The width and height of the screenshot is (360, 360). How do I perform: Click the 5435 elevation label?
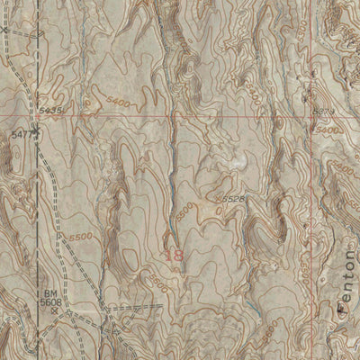[x=51, y=110]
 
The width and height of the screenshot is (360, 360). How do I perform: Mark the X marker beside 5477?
[x=39, y=133]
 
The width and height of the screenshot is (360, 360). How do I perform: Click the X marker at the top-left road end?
[x=4, y=29]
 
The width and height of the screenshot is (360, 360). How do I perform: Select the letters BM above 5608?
[x=52, y=293]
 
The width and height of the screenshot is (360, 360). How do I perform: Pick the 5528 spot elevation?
[x=233, y=197]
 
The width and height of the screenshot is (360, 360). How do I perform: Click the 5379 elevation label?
[x=323, y=111]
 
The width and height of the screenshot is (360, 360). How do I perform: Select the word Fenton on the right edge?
[x=347, y=281]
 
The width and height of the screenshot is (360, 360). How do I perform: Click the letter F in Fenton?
[x=347, y=307]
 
